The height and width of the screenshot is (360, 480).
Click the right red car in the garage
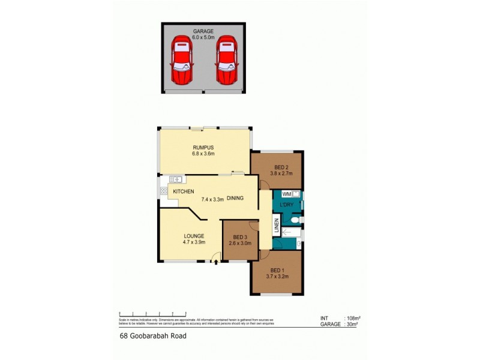click(226, 61)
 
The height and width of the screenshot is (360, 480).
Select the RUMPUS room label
click(203, 147)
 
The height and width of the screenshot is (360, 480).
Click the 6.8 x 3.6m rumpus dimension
click(203, 154)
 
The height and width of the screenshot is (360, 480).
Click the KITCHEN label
click(183, 191)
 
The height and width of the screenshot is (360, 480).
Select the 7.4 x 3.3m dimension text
click(212, 199)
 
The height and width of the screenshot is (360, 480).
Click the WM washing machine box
click(287, 194)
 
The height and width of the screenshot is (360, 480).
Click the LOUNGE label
click(194, 236)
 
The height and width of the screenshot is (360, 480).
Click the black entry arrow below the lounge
click(216, 262)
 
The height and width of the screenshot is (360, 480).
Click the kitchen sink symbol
click(176, 179)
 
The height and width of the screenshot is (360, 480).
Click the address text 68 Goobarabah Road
click(153, 337)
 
